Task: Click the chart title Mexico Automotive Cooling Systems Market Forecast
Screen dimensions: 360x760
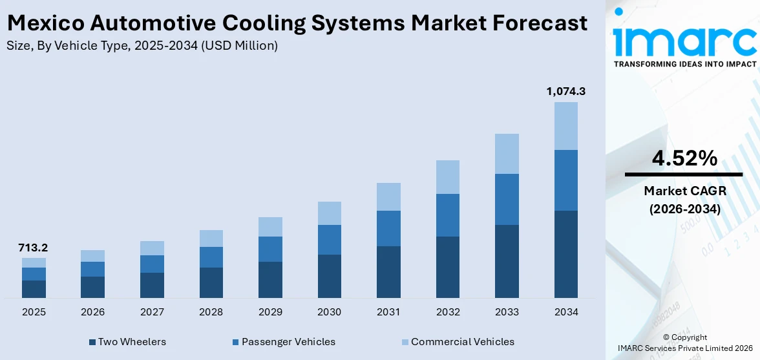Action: [x=297, y=24]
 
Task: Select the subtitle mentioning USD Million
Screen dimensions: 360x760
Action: [x=142, y=46]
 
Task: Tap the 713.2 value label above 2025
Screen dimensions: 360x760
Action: [x=34, y=248]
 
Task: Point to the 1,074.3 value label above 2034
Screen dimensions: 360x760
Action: [x=565, y=92]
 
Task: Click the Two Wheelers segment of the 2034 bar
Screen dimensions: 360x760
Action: [x=565, y=254]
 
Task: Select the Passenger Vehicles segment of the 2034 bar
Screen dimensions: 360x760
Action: [x=565, y=180]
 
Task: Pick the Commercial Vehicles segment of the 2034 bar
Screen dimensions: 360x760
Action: [x=565, y=126]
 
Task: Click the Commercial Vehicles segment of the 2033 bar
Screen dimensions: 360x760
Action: [x=507, y=154]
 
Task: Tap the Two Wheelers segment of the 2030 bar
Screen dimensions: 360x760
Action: [x=329, y=276]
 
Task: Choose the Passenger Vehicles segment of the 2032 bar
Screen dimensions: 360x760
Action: [x=447, y=215]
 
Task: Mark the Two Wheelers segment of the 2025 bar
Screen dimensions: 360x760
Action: [x=34, y=289]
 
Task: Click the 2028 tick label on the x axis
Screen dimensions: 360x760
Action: [x=211, y=312]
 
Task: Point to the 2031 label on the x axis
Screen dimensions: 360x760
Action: [x=388, y=312]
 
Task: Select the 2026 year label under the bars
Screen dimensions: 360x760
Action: [x=93, y=312]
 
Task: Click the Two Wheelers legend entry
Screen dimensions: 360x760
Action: [x=127, y=342]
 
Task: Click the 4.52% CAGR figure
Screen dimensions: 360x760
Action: [x=684, y=158]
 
